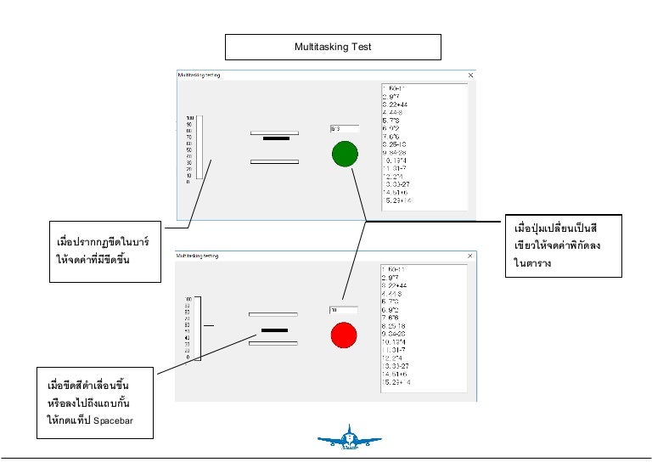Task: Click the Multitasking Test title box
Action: [x=332, y=48]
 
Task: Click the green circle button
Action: [x=345, y=154]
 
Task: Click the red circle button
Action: [x=345, y=335]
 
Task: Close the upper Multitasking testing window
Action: [x=471, y=75]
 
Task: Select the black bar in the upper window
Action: [x=276, y=138]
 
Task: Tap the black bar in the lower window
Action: [x=274, y=329]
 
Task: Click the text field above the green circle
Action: [x=344, y=129]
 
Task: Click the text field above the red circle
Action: [x=344, y=310]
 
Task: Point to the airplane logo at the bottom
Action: [x=348, y=438]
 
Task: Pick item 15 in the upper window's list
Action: [x=398, y=201]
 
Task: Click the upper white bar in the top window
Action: [x=274, y=132]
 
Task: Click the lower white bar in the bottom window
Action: [x=274, y=342]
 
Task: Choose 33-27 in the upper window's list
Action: [x=400, y=184]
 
